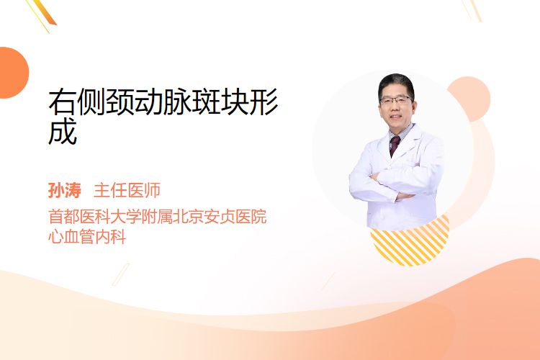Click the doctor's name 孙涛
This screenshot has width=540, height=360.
point(65,190)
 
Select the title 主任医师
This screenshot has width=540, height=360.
point(127,190)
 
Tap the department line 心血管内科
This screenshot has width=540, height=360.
point(87,236)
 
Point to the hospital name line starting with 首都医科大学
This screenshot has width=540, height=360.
point(158,216)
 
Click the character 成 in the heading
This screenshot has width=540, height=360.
point(63,131)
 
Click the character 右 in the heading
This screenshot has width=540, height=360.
point(63,102)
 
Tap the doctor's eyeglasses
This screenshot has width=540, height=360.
point(396,100)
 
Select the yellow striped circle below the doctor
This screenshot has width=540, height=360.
point(410,241)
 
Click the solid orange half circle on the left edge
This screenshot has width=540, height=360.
point(14,73)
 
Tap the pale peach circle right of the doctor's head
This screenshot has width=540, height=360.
point(470,99)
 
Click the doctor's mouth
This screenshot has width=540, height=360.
point(395,117)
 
